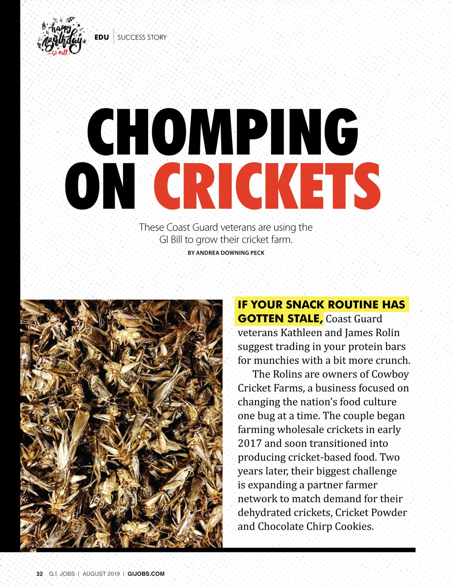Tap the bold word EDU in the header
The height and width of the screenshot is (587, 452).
tap(102, 37)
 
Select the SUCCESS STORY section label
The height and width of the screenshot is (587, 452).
tap(142, 37)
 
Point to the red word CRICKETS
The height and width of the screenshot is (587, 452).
tap(267, 186)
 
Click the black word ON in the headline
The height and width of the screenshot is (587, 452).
tap(100, 186)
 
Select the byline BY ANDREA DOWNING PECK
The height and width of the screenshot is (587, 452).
tap(226, 253)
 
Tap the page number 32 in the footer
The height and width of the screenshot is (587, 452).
tap(40, 574)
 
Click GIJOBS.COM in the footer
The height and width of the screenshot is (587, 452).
tap(146, 574)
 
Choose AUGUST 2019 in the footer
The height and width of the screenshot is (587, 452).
tap(101, 574)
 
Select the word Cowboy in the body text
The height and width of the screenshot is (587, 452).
tap(390, 374)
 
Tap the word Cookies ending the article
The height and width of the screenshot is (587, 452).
tap(354, 526)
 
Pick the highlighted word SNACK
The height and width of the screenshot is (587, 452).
tap(304, 304)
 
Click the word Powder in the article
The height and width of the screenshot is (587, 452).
tap(389, 512)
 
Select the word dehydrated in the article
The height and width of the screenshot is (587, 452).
tap(264, 512)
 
